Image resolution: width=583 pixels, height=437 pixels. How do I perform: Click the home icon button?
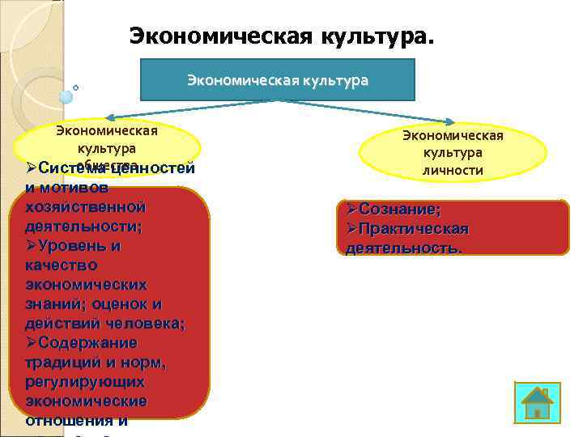[538, 401]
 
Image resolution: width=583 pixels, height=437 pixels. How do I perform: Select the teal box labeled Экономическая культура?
[278, 80]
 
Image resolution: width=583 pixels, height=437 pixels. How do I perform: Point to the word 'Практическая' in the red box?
[413, 229]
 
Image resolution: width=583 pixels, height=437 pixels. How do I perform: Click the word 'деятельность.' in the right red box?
[403, 248]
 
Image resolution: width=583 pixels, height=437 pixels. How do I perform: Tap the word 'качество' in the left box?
[62, 265]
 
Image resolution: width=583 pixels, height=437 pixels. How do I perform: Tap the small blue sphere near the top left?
[66, 96]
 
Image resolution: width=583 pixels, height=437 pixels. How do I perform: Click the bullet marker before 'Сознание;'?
[351, 210]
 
